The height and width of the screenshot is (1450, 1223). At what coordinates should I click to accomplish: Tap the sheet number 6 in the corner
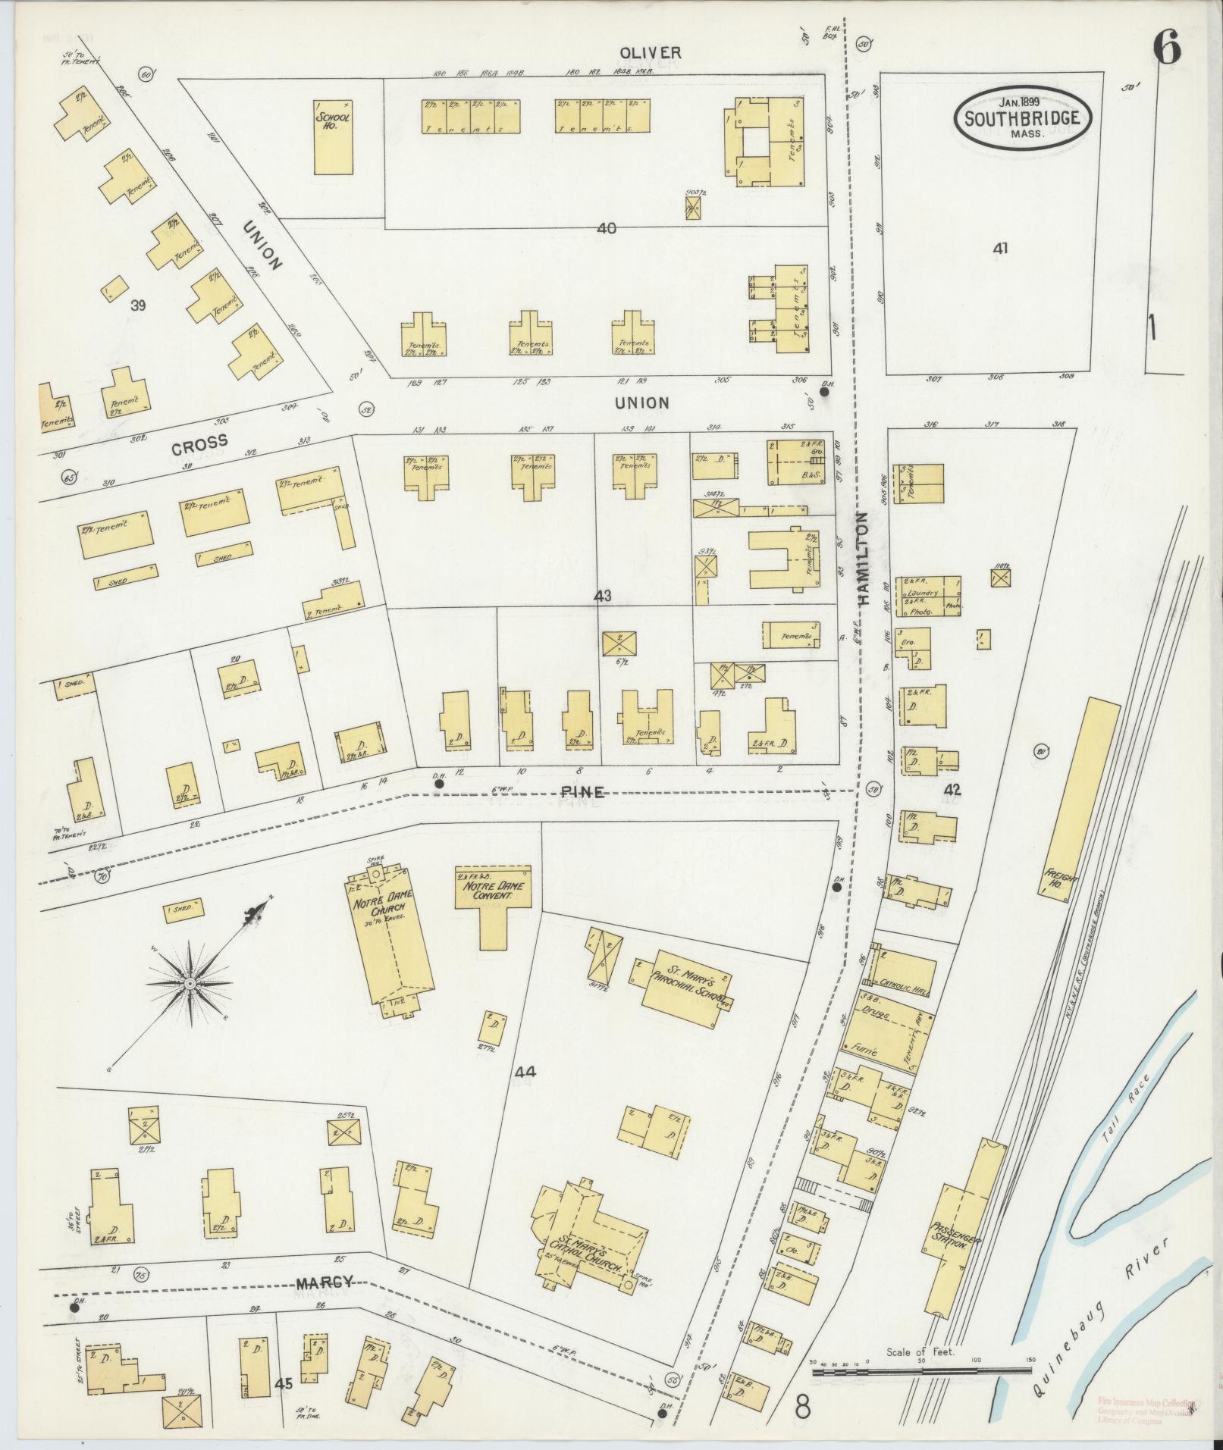click(x=1167, y=50)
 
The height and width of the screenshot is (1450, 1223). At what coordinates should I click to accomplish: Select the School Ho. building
click(x=333, y=136)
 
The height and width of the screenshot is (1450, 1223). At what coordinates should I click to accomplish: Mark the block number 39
click(x=137, y=305)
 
